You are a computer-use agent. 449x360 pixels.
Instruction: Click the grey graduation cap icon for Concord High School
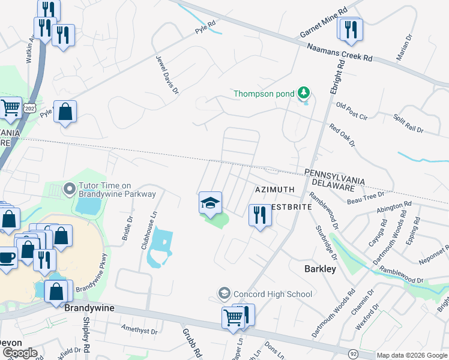click(x=224, y=293)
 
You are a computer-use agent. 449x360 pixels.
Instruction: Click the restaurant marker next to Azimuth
click(x=260, y=215)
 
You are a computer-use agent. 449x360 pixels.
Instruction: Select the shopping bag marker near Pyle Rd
click(x=65, y=112)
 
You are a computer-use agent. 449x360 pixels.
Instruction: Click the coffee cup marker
click(x=7, y=258)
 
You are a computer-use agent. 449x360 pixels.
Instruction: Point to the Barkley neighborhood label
click(x=319, y=269)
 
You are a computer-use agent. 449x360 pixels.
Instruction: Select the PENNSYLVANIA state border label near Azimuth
click(x=334, y=173)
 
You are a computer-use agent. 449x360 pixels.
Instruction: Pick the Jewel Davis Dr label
click(x=167, y=74)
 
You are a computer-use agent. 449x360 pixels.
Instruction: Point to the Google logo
click(x=19, y=353)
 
